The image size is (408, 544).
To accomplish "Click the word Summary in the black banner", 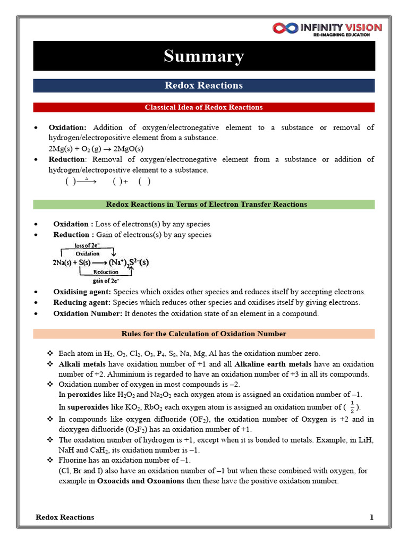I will pos(204,56).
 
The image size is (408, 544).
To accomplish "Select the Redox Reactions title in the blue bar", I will pos(204,86).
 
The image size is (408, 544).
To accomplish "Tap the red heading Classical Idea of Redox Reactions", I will pos(204,107).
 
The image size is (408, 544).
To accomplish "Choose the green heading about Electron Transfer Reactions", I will pos(204,205).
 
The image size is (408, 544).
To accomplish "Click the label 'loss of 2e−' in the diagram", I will pos(87,245).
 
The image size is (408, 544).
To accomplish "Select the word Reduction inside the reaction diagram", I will pos(106,272).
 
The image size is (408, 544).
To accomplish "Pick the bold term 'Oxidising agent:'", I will pos(82,292).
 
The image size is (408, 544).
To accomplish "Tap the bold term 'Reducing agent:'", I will pos(81,303).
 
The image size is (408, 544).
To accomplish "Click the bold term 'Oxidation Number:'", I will pos(88,313).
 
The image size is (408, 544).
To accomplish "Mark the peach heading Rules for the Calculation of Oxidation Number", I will pos(204,334).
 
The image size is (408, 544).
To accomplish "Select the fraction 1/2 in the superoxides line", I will pos(352,406).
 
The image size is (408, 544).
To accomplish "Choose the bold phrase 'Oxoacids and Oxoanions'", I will pos(140,481).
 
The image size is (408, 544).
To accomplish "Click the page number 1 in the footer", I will pos(372,517).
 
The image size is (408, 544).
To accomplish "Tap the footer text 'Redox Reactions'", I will pos(65,517).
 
